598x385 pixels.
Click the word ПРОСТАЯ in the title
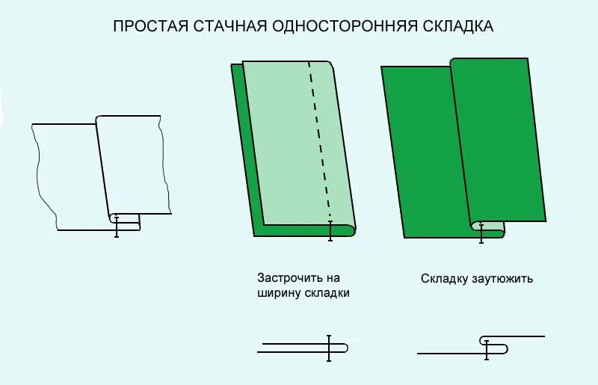coord(148,26)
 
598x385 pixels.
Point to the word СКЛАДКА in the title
coord(449,26)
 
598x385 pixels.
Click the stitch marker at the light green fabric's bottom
coord(330,230)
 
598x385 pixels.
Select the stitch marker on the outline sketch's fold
coord(117,226)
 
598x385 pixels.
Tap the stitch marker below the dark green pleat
coord(481,232)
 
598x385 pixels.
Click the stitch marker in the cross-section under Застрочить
coord(329,348)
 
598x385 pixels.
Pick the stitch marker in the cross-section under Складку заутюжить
coord(487,349)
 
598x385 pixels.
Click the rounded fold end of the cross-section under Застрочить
coord(345,348)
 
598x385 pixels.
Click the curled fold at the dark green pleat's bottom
coord(475,225)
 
